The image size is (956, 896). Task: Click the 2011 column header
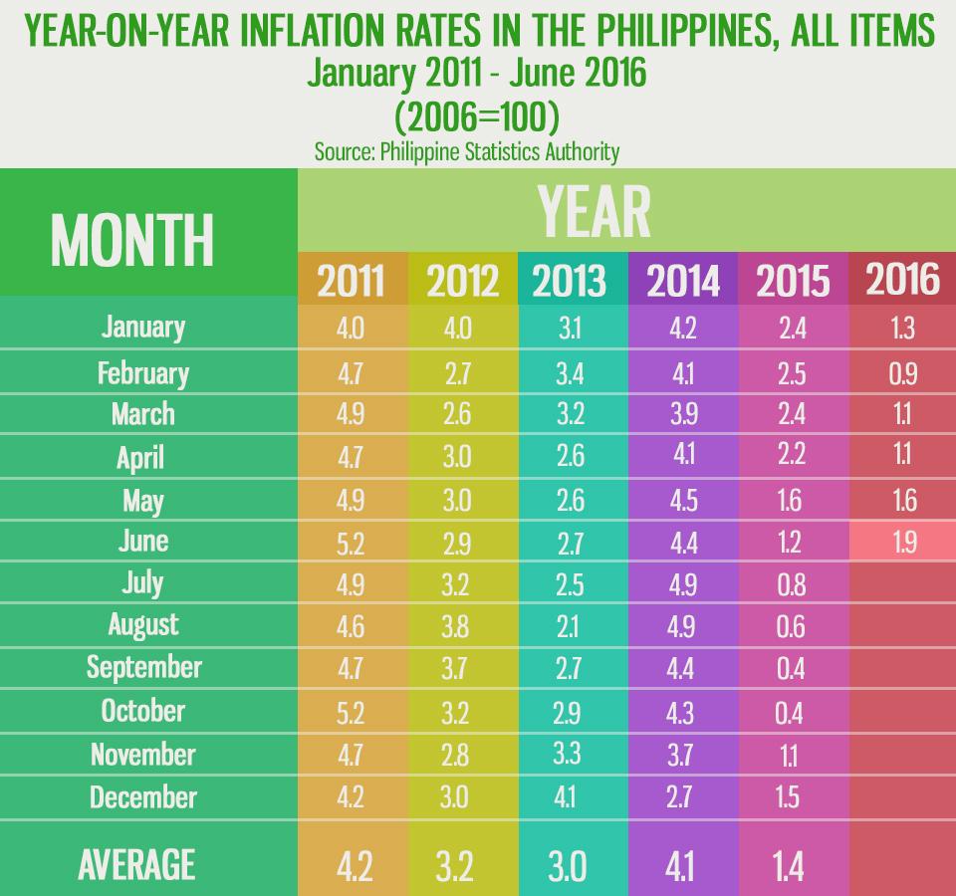pos(352,281)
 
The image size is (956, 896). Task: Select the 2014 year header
pos(683,281)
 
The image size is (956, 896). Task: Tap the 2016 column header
pos(902,280)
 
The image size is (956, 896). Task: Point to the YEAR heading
pos(594,210)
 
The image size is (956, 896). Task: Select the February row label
pos(142,372)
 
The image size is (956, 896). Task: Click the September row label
pos(143,666)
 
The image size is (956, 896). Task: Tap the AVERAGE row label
pos(135,864)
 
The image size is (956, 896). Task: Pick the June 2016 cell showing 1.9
pos(904,544)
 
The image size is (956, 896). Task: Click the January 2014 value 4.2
pos(684,328)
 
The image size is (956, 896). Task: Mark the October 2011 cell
pos(351,711)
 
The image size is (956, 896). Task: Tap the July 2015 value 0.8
pos(791,583)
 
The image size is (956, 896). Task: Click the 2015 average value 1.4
pos(791,864)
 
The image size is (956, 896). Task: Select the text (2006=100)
pos(477,117)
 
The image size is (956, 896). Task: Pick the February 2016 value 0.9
pos(904,372)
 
